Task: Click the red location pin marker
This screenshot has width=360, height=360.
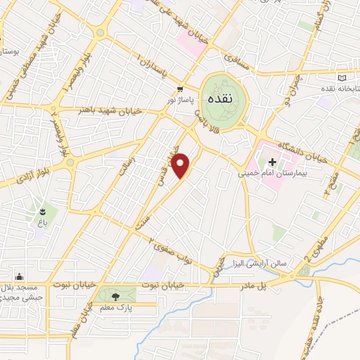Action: click(x=181, y=165)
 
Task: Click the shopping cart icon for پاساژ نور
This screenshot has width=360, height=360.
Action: click(x=180, y=89)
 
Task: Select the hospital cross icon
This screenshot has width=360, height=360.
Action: click(x=271, y=161)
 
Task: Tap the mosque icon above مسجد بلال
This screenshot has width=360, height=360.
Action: click(x=18, y=276)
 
